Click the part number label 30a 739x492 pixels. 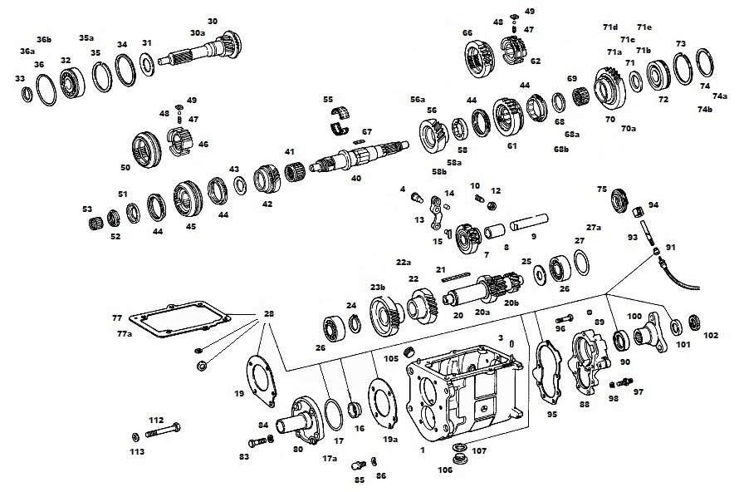[198, 32]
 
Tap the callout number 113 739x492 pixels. [137, 451]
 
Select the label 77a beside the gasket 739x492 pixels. [124, 332]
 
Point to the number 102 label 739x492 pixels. [711, 336]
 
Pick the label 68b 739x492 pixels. [562, 149]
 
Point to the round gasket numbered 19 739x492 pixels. [262, 379]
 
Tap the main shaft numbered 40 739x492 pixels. [357, 157]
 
